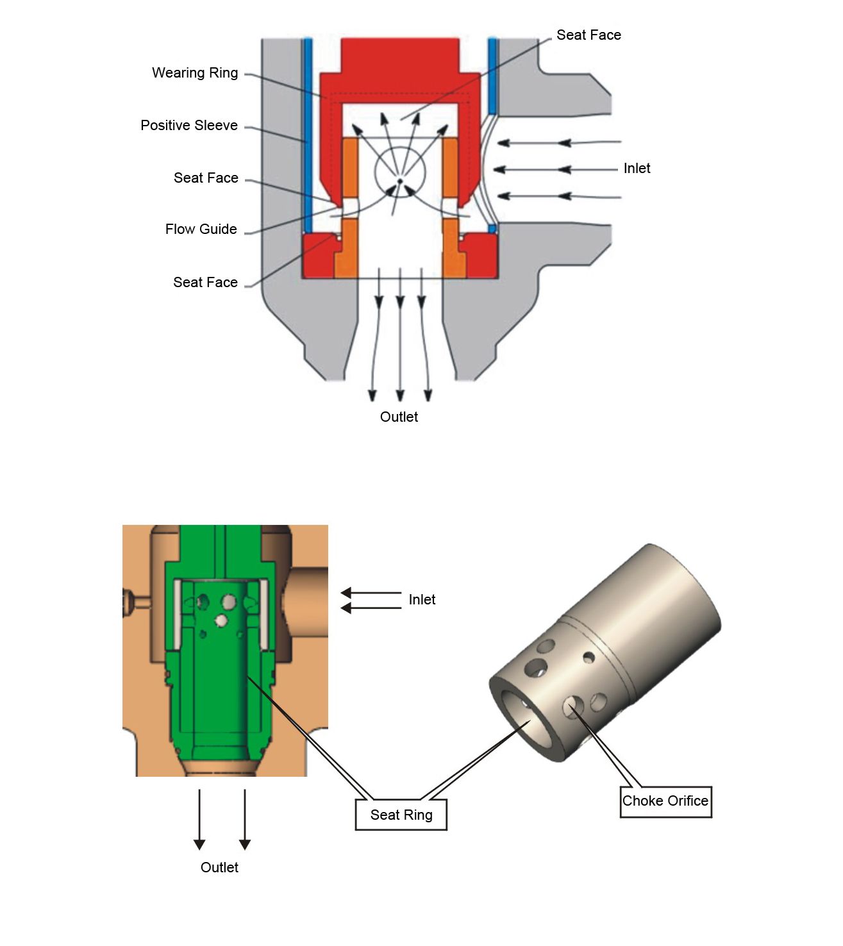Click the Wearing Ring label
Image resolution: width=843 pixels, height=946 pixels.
(195, 73)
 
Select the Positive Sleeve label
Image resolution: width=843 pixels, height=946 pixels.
(189, 125)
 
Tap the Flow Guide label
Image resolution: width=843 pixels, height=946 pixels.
(201, 229)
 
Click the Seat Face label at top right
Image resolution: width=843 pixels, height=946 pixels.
(588, 35)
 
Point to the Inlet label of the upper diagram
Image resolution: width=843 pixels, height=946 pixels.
(637, 168)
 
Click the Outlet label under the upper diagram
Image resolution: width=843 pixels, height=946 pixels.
(399, 417)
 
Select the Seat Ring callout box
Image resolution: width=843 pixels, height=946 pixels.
(401, 815)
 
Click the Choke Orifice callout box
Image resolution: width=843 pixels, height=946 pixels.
(665, 801)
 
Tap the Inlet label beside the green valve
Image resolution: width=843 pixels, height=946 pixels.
(422, 599)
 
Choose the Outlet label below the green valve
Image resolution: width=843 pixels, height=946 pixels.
(219, 867)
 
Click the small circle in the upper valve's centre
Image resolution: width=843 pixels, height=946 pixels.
(400, 172)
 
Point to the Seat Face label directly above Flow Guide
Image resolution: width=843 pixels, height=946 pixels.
(206, 178)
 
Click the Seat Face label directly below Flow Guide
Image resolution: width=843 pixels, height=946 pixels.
(205, 282)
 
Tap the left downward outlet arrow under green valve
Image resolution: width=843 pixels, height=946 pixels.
(199, 820)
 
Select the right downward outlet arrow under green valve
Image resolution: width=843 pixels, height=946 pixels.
(245, 820)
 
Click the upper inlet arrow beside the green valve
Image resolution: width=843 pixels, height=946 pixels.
(371, 593)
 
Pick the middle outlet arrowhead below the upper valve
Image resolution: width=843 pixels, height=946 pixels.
(400, 395)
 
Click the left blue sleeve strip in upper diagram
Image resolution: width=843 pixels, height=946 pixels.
(308, 135)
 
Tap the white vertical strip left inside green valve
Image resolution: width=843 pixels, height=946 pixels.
(178, 615)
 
